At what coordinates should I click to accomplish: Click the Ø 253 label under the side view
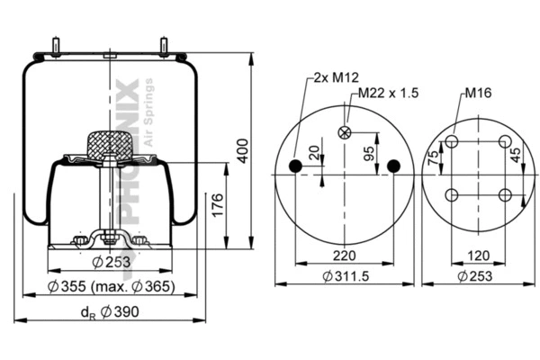coord(112,263)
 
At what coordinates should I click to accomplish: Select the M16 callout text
coord(478,93)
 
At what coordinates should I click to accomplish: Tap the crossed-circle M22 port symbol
coord(343,133)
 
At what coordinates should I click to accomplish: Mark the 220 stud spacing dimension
coord(342,256)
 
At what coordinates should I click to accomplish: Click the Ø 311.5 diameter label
coord(343,277)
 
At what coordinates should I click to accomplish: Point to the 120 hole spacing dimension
coord(479,256)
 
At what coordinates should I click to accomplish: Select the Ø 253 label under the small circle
coord(479,277)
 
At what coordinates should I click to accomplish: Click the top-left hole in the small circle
coord(453,142)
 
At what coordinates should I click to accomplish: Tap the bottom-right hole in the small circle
coord(505,194)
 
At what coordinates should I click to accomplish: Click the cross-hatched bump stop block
coord(108,144)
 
